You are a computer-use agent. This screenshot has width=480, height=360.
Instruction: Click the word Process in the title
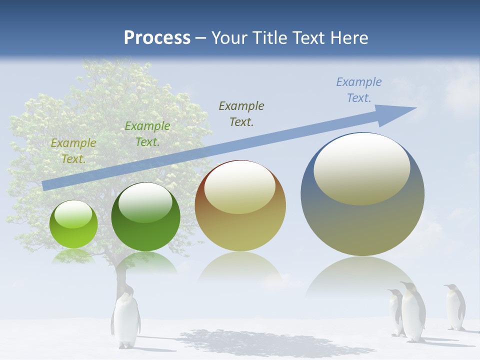pyautogui.click(x=157, y=37)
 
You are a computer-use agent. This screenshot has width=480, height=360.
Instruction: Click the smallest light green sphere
pyautogui.click(x=73, y=224)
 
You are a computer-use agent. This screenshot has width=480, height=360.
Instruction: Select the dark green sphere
pyautogui.click(x=145, y=217)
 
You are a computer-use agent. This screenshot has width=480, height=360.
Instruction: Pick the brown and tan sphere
pyautogui.click(x=240, y=206)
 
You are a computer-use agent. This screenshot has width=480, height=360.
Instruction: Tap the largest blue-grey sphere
pyautogui.click(x=362, y=195)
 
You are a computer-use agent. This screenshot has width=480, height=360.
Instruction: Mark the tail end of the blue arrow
pyautogui.click(x=45, y=185)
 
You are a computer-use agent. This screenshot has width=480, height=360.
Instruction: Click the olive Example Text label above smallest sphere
pyautogui.click(x=73, y=151)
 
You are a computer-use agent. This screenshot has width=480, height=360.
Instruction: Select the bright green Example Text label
pyautogui.click(x=147, y=134)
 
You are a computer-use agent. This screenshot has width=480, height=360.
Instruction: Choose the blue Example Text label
pyautogui.click(x=359, y=90)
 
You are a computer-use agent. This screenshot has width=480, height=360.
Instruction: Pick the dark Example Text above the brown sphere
pyautogui.click(x=241, y=113)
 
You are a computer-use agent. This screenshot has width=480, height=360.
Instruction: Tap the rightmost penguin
pyautogui.click(x=455, y=307)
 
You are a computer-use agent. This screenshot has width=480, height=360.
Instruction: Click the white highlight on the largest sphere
pyautogui.click(x=361, y=169)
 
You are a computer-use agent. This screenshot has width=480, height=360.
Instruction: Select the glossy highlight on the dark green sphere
pyautogui.click(x=145, y=202)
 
